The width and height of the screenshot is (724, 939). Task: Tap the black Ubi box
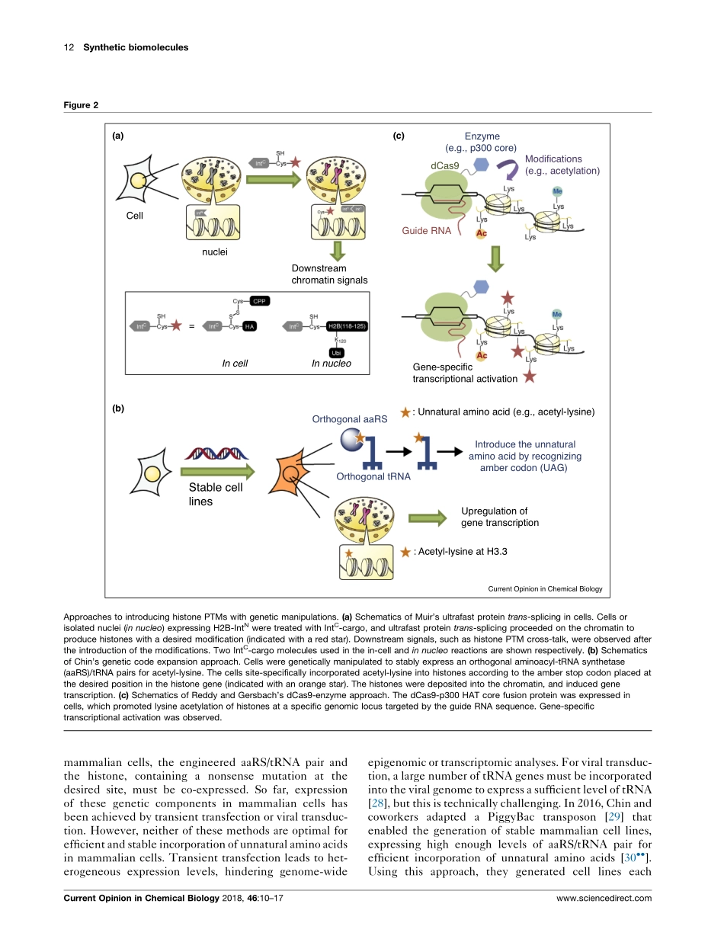click(x=335, y=353)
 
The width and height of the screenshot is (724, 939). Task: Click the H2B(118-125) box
click(x=348, y=326)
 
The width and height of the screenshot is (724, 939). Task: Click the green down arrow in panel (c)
click(x=496, y=258)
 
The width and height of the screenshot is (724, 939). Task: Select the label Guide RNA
click(x=427, y=229)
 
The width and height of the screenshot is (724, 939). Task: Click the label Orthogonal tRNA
click(x=373, y=476)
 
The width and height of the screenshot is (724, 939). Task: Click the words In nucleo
click(x=332, y=364)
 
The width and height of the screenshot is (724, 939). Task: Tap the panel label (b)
click(x=117, y=408)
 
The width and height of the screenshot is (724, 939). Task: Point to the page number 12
click(x=69, y=47)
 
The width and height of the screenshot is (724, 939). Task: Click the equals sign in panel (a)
click(x=191, y=326)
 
